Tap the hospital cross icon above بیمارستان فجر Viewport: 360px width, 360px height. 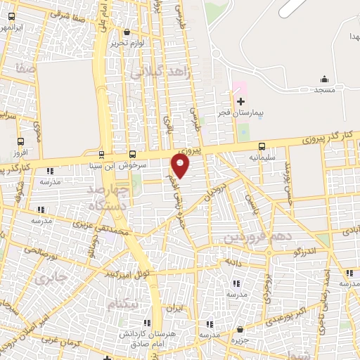tap(240, 101)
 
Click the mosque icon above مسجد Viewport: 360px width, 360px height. tap(324, 79)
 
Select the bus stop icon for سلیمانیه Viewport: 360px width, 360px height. tap(262, 147)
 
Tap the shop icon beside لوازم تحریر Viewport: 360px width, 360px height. tap(127, 32)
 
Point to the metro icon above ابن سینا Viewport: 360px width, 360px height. tap(101, 155)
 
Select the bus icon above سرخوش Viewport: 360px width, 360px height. tap(133, 155)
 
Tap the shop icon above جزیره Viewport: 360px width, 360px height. tap(240, 328)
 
